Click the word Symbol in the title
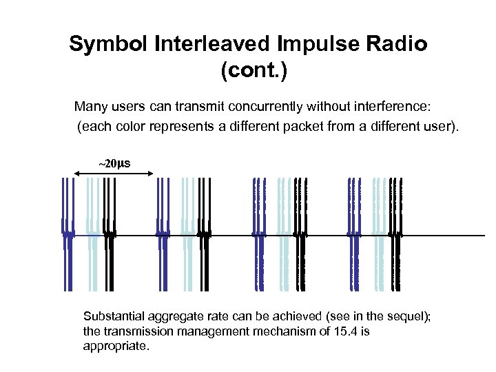point(103,45)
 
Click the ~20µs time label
point(113,164)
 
